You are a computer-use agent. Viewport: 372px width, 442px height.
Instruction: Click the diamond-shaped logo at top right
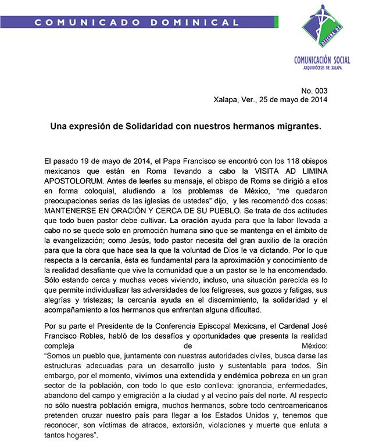click(x=326, y=28)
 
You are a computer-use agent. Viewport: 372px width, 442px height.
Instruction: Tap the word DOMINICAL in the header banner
click(x=192, y=23)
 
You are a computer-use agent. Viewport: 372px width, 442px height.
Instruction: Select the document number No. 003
click(x=314, y=90)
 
